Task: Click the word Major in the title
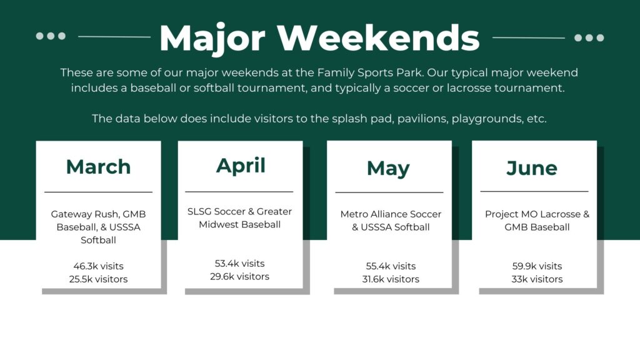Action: (x=212, y=38)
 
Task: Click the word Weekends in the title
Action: (x=378, y=37)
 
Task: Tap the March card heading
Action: (x=98, y=166)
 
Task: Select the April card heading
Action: (x=241, y=166)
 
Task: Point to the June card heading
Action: (x=532, y=168)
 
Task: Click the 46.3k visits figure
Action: (x=98, y=266)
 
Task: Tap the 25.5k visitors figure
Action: (x=98, y=279)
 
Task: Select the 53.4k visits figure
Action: (x=239, y=264)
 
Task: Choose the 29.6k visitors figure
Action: (x=239, y=277)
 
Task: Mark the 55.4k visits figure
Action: (x=391, y=266)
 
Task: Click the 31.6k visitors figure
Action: (x=391, y=279)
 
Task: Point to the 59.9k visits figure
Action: (x=537, y=266)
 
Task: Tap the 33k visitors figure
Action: (x=537, y=279)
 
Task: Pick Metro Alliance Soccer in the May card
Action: (x=391, y=214)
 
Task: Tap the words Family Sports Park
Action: (x=369, y=72)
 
